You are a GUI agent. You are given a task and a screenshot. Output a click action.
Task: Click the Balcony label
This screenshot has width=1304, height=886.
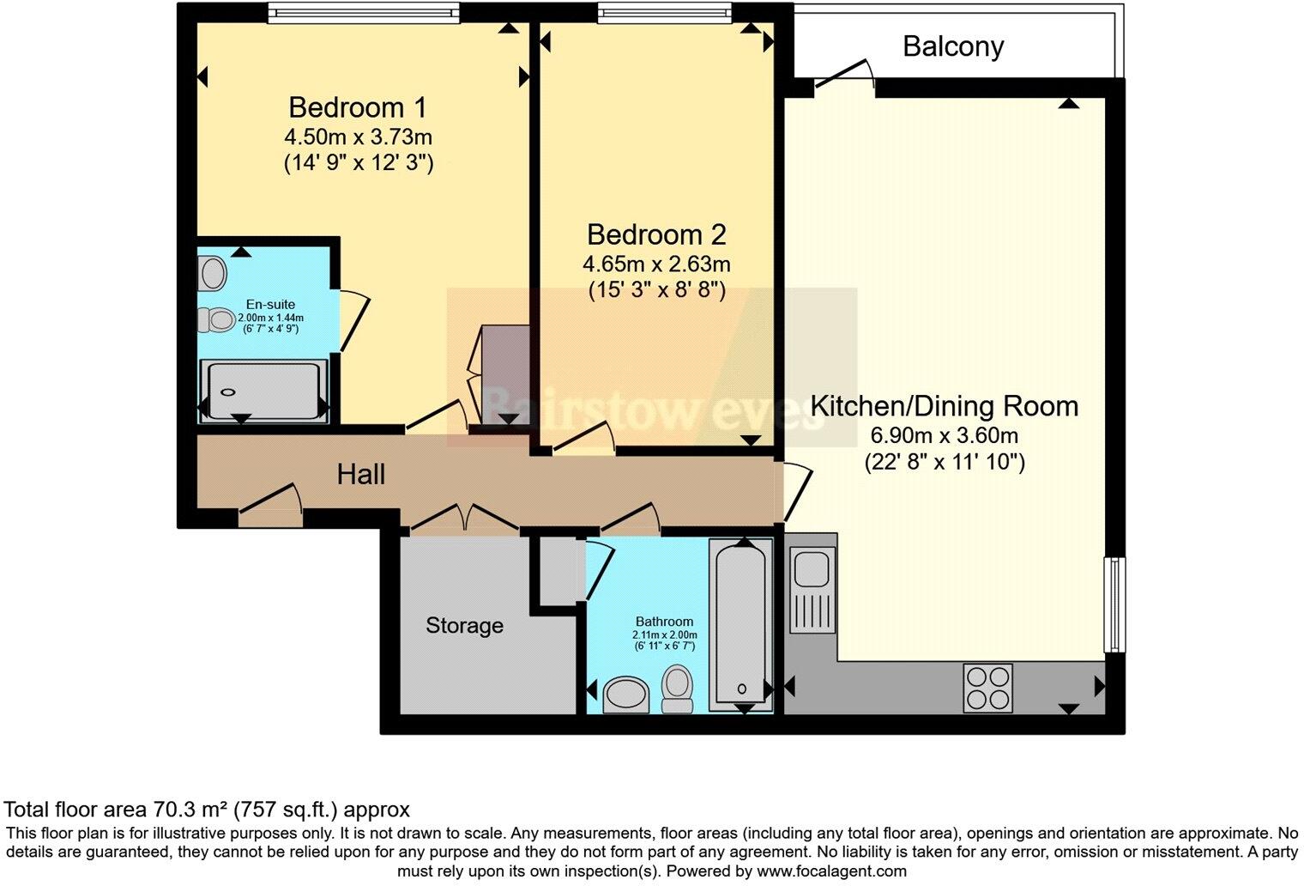tap(953, 46)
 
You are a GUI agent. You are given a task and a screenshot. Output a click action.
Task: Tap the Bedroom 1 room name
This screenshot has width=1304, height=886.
tap(357, 108)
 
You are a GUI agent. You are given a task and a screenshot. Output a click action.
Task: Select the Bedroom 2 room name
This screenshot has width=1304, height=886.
tap(656, 234)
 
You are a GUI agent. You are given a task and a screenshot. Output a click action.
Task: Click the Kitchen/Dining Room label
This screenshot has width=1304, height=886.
tap(944, 406)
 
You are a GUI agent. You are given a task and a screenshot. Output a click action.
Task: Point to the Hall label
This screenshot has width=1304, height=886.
tap(360, 475)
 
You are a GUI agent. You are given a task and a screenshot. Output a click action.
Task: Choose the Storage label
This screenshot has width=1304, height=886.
tap(464, 626)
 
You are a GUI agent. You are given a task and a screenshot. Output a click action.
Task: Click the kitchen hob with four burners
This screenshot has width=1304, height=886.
tap(987, 688)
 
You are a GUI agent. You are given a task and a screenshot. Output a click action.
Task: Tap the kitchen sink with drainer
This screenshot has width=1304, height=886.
tap(812, 584)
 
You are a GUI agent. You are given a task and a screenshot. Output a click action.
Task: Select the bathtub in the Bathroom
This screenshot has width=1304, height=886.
tap(740, 622)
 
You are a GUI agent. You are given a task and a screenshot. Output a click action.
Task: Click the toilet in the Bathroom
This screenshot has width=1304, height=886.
tap(678, 691)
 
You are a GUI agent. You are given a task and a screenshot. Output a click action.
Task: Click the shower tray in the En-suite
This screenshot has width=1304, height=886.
tap(263, 391)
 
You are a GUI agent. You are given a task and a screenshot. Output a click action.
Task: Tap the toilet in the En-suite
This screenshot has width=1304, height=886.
tap(215, 320)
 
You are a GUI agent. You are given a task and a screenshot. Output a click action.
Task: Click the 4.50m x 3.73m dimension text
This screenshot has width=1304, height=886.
tap(358, 137)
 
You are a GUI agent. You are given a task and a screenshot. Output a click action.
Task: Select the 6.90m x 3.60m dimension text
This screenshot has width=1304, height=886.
tap(944, 435)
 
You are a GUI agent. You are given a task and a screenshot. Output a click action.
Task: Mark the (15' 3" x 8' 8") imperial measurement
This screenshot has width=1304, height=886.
tap(656, 291)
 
